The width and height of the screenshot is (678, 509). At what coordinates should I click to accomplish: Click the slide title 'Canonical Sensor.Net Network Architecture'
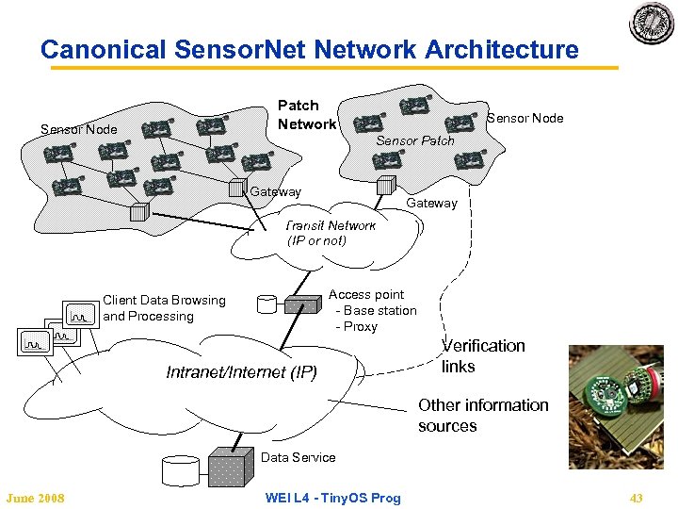pos(309,49)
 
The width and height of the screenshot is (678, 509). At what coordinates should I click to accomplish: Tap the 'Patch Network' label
pos(306,115)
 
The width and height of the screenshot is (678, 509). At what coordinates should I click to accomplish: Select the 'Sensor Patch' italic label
pos(414,140)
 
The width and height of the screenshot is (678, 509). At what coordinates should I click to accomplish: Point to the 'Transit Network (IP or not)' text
pos(330,233)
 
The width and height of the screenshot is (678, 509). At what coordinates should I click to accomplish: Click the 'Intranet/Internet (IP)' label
pos(241,372)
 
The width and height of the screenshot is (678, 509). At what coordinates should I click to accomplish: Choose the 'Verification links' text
pos(483,356)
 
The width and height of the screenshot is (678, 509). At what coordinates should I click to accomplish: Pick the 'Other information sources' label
pos(482,416)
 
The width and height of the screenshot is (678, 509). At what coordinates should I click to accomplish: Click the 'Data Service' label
pos(298,457)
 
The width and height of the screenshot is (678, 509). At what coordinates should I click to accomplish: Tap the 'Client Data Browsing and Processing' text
pos(164,308)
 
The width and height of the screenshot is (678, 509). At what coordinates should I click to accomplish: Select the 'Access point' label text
pos(365,295)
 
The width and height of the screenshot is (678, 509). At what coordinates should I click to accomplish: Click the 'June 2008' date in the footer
pos(35,498)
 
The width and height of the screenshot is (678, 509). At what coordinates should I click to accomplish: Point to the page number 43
pos(636,498)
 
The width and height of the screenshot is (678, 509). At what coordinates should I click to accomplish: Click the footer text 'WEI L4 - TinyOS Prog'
pos(332,498)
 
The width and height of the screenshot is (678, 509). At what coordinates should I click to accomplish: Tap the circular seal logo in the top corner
pos(652,25)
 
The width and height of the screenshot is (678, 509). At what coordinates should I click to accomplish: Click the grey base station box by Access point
pos(302,305)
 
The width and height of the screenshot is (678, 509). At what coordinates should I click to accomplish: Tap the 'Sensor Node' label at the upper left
pos(78,129)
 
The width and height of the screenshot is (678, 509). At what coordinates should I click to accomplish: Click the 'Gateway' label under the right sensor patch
pos(431,203)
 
